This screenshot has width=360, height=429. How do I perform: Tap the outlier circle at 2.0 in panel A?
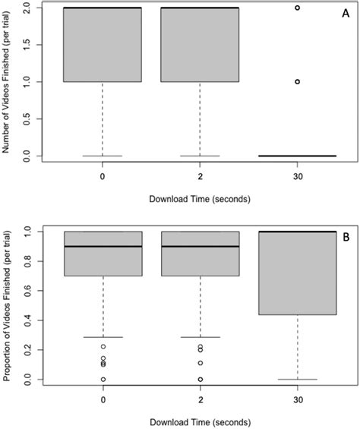(x=298, y=8)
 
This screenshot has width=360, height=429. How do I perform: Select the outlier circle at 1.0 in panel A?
(x=298, y=81)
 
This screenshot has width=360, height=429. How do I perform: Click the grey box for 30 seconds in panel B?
(x=298, y=273)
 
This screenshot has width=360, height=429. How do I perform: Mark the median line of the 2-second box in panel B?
(x=200, y=246)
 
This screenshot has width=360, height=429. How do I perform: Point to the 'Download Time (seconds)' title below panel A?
(x=200, y=199)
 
